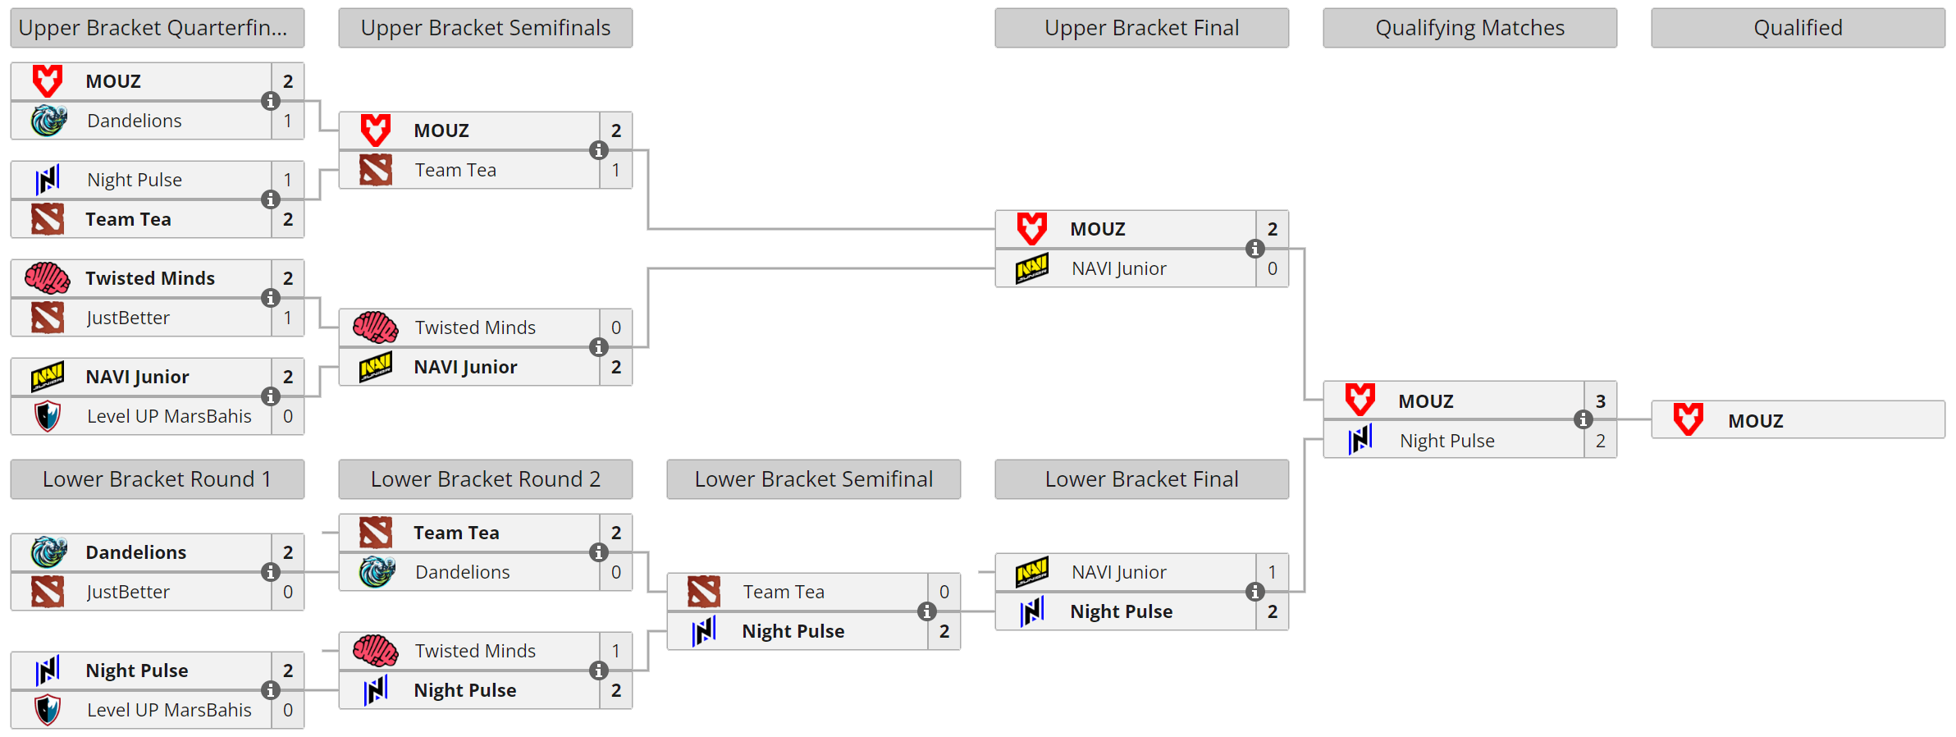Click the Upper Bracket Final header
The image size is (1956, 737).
coord(1141,28)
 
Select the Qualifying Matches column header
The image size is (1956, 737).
coord(1469,28)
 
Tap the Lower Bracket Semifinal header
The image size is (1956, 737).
coord(813,479)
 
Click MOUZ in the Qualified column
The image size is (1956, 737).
coord(1755,421)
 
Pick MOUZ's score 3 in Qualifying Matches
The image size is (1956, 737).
coord(1600,401)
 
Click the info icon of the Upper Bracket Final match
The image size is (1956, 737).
coord(1254,249)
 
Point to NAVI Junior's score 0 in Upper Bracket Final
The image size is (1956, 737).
coord(1272,268)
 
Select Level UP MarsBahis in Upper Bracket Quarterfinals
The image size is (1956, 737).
coord(169,416)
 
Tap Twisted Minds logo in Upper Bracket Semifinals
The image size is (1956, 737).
coord(376,327)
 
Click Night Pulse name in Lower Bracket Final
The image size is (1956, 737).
coord(1121,611)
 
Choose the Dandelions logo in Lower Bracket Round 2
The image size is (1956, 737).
coord(377,572)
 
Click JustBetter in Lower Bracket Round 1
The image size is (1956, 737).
coord(128,592)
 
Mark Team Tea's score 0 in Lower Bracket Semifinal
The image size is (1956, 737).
coord(944,592)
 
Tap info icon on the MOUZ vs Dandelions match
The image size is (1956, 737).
coord(270,101)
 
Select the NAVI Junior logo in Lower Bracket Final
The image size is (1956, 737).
coord(1031,572)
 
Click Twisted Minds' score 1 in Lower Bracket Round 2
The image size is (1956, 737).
coord(615,651)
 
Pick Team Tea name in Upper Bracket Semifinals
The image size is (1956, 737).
coord(455,170)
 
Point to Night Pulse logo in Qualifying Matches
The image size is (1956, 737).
coord(1360,440)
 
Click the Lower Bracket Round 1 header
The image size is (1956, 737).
coord(157,479)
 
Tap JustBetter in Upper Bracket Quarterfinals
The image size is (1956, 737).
coord(128,318)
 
